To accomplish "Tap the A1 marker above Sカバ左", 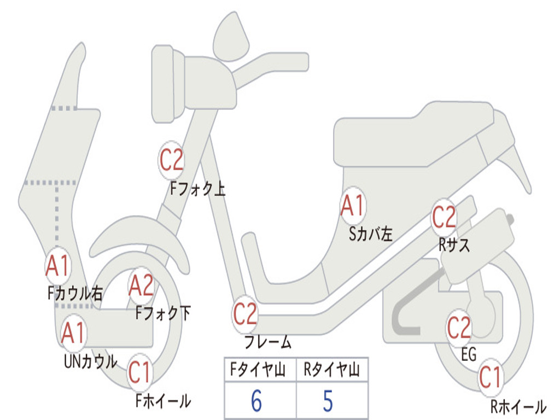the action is click(353, 206).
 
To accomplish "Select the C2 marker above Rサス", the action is click(444, 218).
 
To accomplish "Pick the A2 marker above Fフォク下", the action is click(141, 285).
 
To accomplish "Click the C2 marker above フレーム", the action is click(245, 314).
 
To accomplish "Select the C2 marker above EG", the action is click(459, 328).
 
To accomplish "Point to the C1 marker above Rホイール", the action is click(490, 377).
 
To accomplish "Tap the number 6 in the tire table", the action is click(256, 401).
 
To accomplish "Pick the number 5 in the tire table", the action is click(328, 401).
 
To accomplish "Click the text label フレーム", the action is click(267, 343).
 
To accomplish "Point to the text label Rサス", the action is click(454, 246).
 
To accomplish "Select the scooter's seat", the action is click(416, 137).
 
